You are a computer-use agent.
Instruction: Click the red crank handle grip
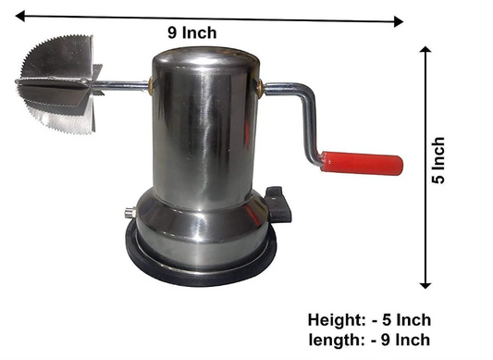coord(362,163)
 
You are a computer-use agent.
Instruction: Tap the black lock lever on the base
coord(278,205)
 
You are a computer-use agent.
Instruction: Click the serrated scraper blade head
coord(59,84)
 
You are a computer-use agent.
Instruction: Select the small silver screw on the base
coord(129,213)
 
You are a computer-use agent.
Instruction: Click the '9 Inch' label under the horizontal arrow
coord(192,32)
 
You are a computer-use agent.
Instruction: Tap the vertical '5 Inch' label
coord(438,160)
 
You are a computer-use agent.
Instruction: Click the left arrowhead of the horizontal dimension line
coord(20,16)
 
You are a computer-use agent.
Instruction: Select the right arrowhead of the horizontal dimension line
coord(399,21)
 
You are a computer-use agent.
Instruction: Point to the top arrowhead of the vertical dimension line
coord(425,49)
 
